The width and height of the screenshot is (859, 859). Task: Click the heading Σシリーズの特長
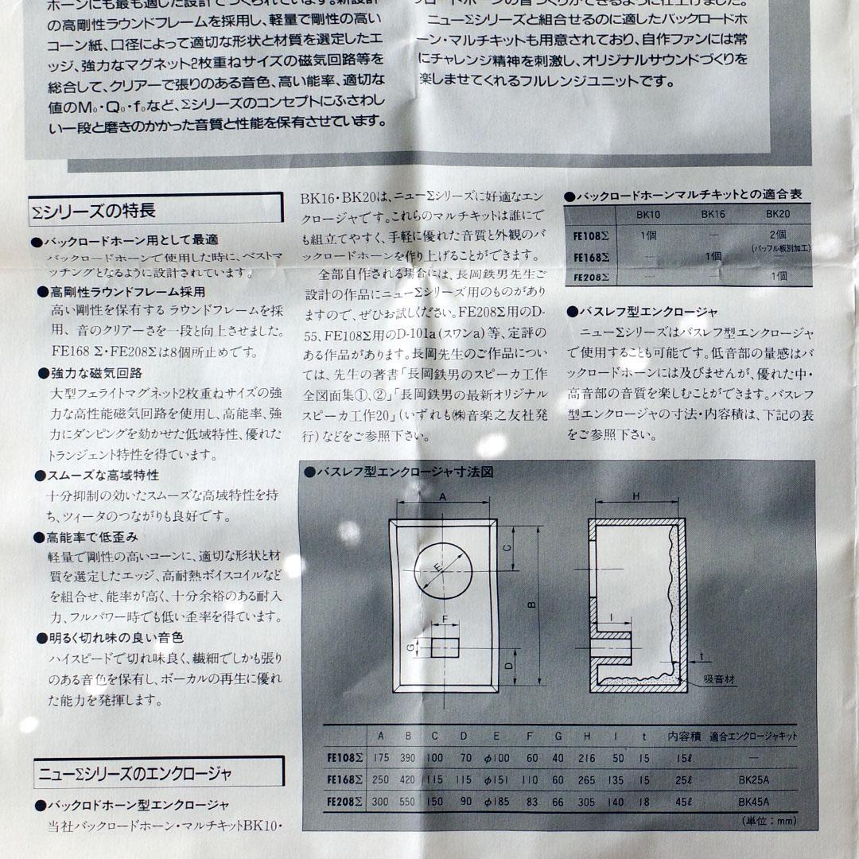pos(94,211)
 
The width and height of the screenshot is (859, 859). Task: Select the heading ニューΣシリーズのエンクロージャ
pos(134,772)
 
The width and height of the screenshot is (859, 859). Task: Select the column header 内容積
pos(683,737)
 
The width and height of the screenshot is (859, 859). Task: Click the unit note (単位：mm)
pos(768,821)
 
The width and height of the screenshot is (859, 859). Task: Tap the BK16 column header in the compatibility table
pos(713,215)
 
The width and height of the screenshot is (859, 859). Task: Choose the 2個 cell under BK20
pos(777,235)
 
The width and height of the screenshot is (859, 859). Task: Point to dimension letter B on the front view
pos(532,605)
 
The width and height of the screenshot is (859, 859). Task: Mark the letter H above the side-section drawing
pos(636,496)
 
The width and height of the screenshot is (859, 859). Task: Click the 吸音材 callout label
pos(720,680)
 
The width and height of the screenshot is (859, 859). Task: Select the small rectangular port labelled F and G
pos(445,644)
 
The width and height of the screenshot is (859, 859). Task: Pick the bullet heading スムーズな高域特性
pos(103,475)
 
